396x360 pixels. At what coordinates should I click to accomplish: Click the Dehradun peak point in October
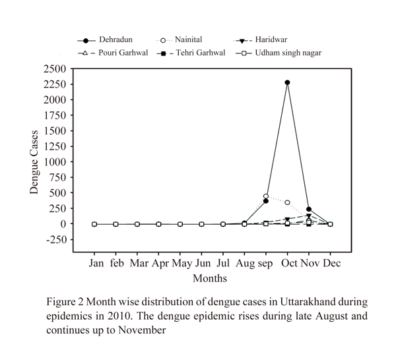(x=288, y=82)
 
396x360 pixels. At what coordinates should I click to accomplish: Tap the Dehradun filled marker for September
(x=266, y=200)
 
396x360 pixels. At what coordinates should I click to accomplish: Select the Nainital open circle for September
(x=266, y=196)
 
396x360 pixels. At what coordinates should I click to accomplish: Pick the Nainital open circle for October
(x=288, y=202)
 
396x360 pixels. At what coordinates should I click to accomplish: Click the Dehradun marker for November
(x=309, y=209)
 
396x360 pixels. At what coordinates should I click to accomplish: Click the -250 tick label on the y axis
(x=54, y=239)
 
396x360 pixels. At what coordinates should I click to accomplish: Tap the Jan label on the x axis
(x=94, y=264)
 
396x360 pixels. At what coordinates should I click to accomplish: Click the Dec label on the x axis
(x=331, y=264)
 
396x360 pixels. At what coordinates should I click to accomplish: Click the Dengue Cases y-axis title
(x=33, y=162)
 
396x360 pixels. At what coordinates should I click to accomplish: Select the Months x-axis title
(x=210, y=278)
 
